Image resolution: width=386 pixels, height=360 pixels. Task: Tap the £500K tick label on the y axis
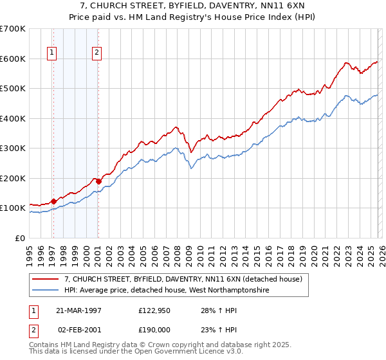point(13,89)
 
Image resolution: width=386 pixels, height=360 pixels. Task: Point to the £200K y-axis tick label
point(13,178)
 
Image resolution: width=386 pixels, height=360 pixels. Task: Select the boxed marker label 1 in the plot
point(51,53)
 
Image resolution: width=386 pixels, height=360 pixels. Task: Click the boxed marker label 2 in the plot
point(96,53)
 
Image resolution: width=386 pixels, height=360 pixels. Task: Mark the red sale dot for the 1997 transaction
point(54,201)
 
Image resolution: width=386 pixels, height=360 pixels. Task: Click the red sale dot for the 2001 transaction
point(98,181)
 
